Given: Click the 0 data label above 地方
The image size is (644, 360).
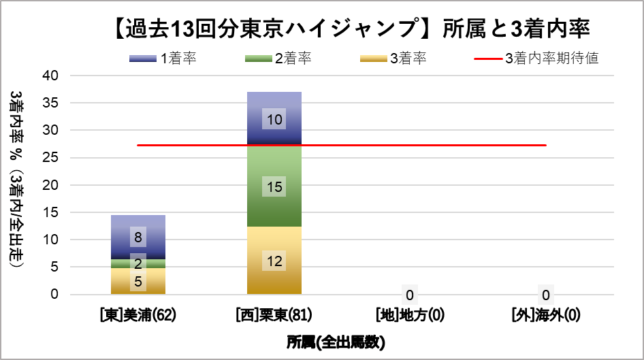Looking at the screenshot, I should pyautogui.click(x=410, y=295).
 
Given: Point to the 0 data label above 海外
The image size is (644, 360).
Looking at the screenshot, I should pyautogui.click(x=546, y=295).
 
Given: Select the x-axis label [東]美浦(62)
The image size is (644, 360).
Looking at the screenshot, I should pyautogui.click(x=138, y=316).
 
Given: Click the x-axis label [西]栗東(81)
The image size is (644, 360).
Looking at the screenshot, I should pyautogui.click(x=274, y=316).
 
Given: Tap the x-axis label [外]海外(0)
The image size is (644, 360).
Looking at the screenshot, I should pyautogui.click(x=546, y=316).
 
